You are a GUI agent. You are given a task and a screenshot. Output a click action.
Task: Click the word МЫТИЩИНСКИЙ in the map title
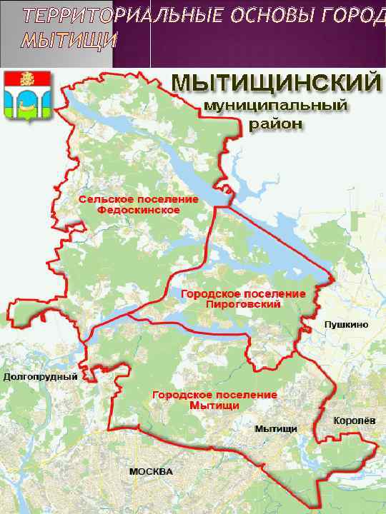pos(276,84)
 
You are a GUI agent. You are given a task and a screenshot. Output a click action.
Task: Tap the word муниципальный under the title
pos(276,106)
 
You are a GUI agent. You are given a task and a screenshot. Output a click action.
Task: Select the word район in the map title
pos(276,124)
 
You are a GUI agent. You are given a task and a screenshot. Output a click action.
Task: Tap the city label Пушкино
pos(347,325)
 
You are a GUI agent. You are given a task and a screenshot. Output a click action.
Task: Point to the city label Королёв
pos(350,420)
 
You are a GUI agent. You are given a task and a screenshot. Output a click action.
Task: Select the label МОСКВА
pos(151,473)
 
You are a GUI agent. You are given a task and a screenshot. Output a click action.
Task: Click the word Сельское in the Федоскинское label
pos(103,201)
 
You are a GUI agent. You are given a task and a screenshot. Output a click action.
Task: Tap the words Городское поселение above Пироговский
pos(244,293)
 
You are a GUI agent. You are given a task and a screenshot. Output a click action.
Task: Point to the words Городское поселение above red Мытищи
pos(214,395)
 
